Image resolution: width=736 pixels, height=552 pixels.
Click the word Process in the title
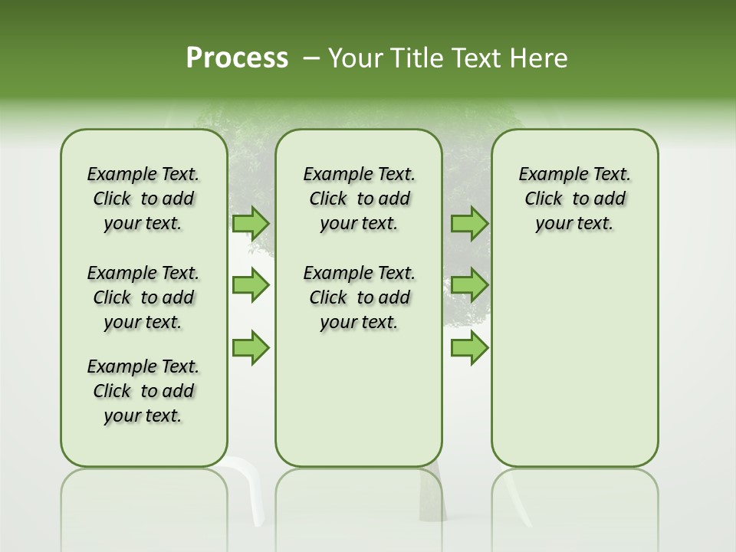237,58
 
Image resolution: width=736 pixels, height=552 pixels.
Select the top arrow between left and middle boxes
251,223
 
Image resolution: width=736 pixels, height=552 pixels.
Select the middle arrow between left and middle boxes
251,285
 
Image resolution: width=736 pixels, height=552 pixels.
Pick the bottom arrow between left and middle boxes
251,347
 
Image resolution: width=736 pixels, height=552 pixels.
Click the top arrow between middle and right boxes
469,223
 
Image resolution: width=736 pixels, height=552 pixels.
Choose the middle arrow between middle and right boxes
469,285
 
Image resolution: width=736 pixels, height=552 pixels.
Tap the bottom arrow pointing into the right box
469,347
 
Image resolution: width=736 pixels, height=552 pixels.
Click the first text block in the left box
143,199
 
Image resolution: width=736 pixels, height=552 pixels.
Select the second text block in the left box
143,297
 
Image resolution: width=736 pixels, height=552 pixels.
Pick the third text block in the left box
143,391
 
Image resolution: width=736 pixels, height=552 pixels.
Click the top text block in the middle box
359,199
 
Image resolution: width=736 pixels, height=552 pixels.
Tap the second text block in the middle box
359,297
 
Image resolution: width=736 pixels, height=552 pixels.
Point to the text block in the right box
574,199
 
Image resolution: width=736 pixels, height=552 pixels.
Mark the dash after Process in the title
311,58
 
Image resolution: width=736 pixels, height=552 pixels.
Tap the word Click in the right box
544,199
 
